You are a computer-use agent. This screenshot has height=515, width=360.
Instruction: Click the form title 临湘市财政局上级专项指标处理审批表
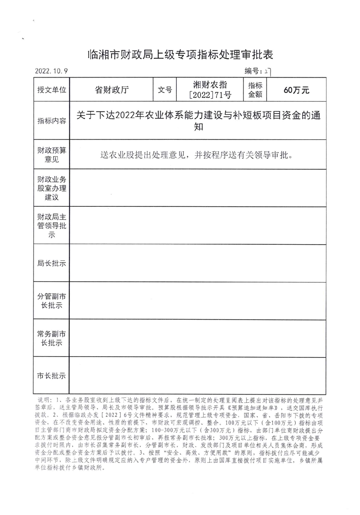(x=180, y=55)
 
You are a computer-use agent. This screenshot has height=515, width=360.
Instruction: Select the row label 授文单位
(x=52, y=90)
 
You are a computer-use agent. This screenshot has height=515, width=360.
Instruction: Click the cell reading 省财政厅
(x=111, y=90)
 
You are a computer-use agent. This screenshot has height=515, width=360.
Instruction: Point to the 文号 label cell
(x=164, y=90)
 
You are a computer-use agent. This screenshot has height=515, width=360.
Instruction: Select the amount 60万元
(x=296, y=90)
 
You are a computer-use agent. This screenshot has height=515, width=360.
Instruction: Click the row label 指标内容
(x=52, y=121)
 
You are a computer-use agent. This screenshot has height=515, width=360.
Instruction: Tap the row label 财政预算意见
(x=52, y=154)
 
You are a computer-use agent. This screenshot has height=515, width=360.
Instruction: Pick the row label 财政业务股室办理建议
(x=52, y=188)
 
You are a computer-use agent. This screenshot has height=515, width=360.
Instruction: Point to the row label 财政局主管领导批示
(x=52, y=226)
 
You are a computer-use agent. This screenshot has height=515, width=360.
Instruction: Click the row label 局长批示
(x=52, y=263)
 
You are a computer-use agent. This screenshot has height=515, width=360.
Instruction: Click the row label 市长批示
(x=52, y=376)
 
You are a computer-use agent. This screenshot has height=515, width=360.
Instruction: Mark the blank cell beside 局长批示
(x=198, y=263)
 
